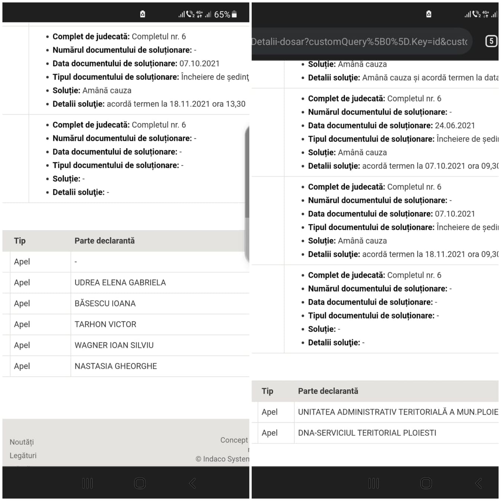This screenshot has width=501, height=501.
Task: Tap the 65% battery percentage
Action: tap(222, 14)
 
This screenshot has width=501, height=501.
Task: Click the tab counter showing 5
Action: tap(491, 41)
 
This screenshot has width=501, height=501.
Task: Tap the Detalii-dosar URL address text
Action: tap(359, 42)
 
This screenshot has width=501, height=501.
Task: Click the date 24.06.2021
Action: tap(455, 125)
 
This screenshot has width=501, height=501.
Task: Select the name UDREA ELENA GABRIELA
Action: tap(120, 282)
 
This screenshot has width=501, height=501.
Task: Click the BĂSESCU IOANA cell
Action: tap(105, 303)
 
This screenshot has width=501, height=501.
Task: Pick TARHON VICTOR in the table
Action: tap(105, 324)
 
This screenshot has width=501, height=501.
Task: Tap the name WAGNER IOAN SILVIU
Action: tap(114, 345)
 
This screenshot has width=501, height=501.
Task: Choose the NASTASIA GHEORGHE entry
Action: tap(115, 366)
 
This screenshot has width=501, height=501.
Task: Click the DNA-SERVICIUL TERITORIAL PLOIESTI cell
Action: tap(367, 433)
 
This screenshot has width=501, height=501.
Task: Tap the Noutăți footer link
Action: tap(22, 442)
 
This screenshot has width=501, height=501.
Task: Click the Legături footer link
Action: tap(23, 455)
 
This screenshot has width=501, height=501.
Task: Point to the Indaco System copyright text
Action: tap(222, 459)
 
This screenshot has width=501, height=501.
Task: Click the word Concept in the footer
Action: tap(234, 440)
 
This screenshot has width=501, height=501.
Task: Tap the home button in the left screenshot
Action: tap(140, 483)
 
